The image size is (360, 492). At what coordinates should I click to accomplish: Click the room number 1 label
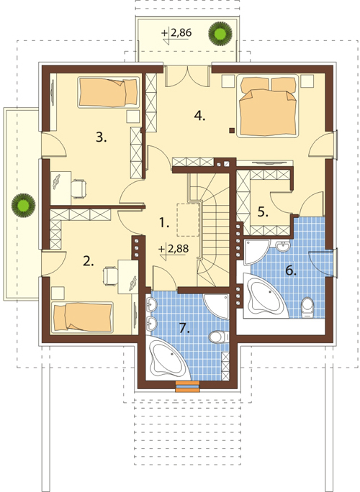[164, 223]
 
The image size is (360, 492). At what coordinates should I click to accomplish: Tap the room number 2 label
[89, 261]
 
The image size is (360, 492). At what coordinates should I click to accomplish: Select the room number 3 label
[101, 137]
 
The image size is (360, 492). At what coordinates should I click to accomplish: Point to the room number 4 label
[199, 116]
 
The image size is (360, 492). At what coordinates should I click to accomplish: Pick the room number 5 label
[263, 212]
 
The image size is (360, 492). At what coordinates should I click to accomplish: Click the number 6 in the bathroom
[291, 270]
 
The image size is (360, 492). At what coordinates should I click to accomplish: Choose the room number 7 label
[185, 328]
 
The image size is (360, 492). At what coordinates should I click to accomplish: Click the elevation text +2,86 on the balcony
[176, 33]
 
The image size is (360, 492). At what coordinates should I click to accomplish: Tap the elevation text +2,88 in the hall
[174, 250]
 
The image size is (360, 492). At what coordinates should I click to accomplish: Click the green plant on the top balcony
[220, 32]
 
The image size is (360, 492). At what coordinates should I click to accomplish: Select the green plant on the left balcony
[23, 205]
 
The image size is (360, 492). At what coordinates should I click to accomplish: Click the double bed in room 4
[268, 106]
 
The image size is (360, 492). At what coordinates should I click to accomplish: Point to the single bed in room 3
[108, 91]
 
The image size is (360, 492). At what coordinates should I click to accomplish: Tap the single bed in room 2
[82, 317]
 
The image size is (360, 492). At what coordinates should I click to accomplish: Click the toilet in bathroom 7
[219, 337]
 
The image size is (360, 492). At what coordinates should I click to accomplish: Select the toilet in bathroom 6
[307, 308]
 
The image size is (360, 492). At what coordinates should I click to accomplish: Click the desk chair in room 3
[78, 188]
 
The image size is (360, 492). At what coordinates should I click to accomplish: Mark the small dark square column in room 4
[232, 130]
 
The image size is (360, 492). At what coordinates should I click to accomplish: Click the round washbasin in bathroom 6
[284, 246]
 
